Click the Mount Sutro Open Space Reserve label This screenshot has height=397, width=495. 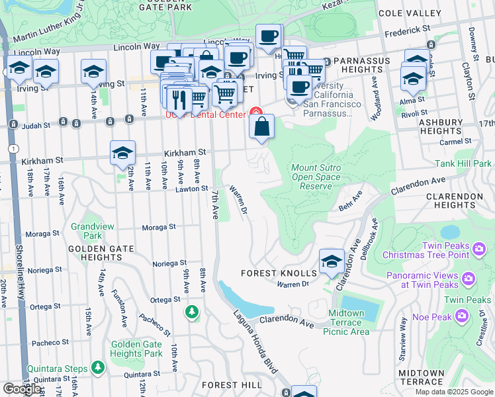coord(316,177)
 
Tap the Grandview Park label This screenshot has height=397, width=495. coord(92,231)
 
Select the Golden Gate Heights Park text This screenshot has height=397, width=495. coord(136,349)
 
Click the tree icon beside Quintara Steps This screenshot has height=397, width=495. coord(98,367)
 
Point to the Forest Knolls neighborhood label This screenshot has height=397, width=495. coord(279,273)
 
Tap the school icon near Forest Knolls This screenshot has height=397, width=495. coord(331,261)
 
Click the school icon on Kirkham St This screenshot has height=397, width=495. coord(123,153)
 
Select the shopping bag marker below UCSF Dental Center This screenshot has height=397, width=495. coord(262,126)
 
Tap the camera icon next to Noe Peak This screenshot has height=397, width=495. coord(462,316)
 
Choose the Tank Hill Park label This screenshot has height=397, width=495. coord(463,163)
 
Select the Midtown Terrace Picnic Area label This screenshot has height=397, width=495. coord(346,322)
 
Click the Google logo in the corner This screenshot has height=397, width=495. coord(22,389)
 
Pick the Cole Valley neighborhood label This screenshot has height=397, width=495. coord(409,13)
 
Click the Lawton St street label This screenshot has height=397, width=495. coord(192,189)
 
